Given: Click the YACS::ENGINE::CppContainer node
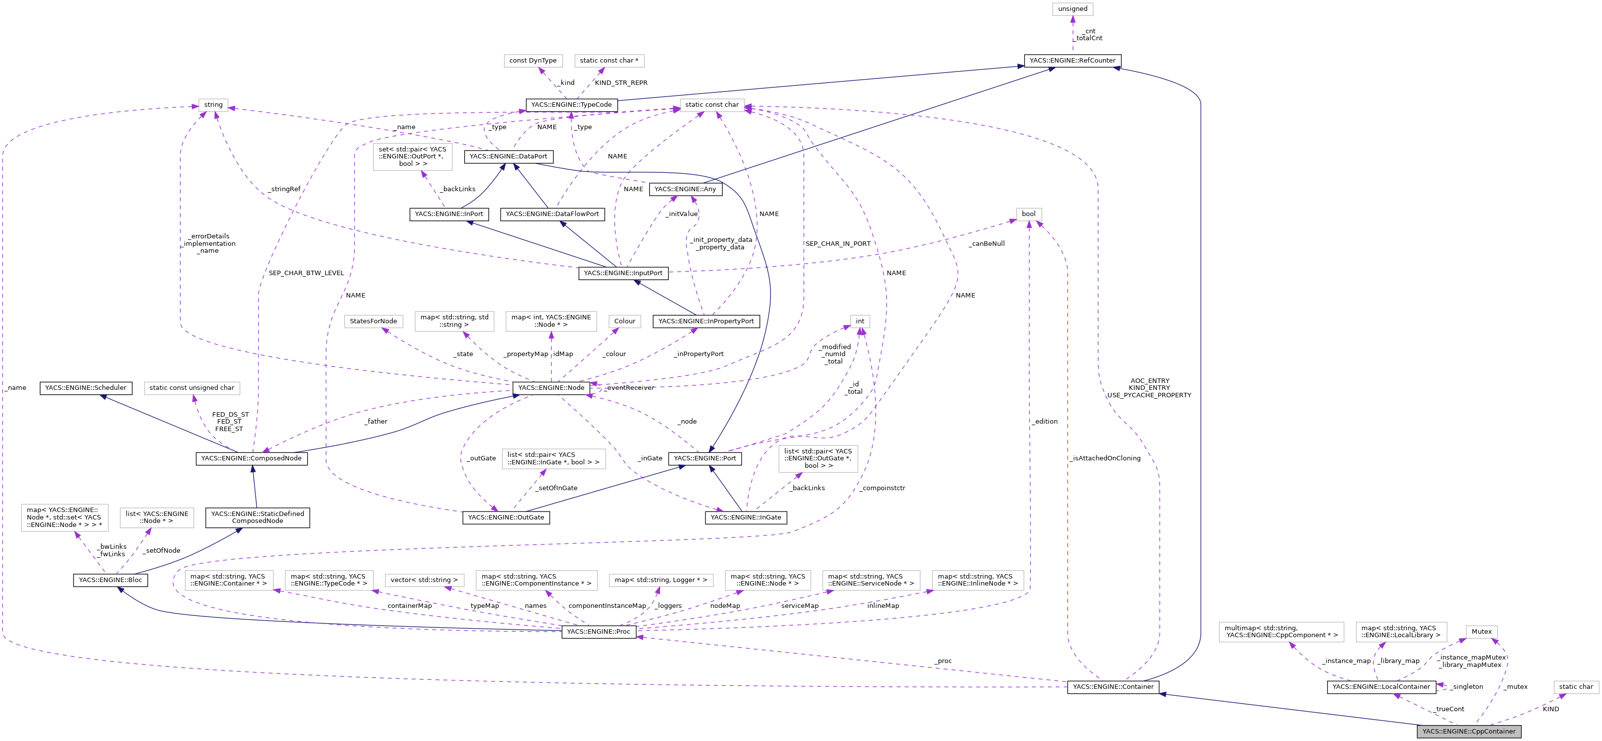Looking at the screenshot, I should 1468,731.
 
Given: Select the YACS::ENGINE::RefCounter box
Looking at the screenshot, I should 1072,60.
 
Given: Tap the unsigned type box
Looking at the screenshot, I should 1072,9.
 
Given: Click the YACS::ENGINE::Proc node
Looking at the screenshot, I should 598,632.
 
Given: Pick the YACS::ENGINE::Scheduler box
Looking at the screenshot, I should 85,388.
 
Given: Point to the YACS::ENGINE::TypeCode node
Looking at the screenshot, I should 571,104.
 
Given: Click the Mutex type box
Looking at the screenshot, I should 1481,632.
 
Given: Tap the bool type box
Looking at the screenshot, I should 1028,214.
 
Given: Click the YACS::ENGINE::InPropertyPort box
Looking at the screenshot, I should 706,321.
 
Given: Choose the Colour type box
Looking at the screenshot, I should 624,321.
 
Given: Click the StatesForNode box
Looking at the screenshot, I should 373,321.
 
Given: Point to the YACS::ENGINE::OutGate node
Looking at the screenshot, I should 506,517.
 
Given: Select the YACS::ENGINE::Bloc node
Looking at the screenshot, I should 110,580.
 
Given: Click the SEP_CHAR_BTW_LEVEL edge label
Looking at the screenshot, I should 306,273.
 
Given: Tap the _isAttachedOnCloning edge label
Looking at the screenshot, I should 1106,458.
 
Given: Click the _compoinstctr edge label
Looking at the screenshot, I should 883,488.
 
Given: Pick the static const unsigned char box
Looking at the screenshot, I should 191,388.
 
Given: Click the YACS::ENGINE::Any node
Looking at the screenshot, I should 685,189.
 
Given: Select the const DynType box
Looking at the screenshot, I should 532,60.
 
